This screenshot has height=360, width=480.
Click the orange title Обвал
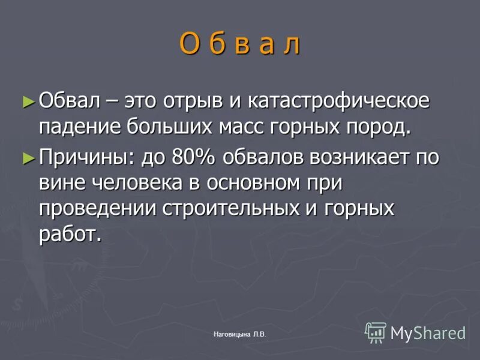point(239,44)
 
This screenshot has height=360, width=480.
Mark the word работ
point(76,234)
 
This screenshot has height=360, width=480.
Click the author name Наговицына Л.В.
point(239,334)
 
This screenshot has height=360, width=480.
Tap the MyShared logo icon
point(376,332)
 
